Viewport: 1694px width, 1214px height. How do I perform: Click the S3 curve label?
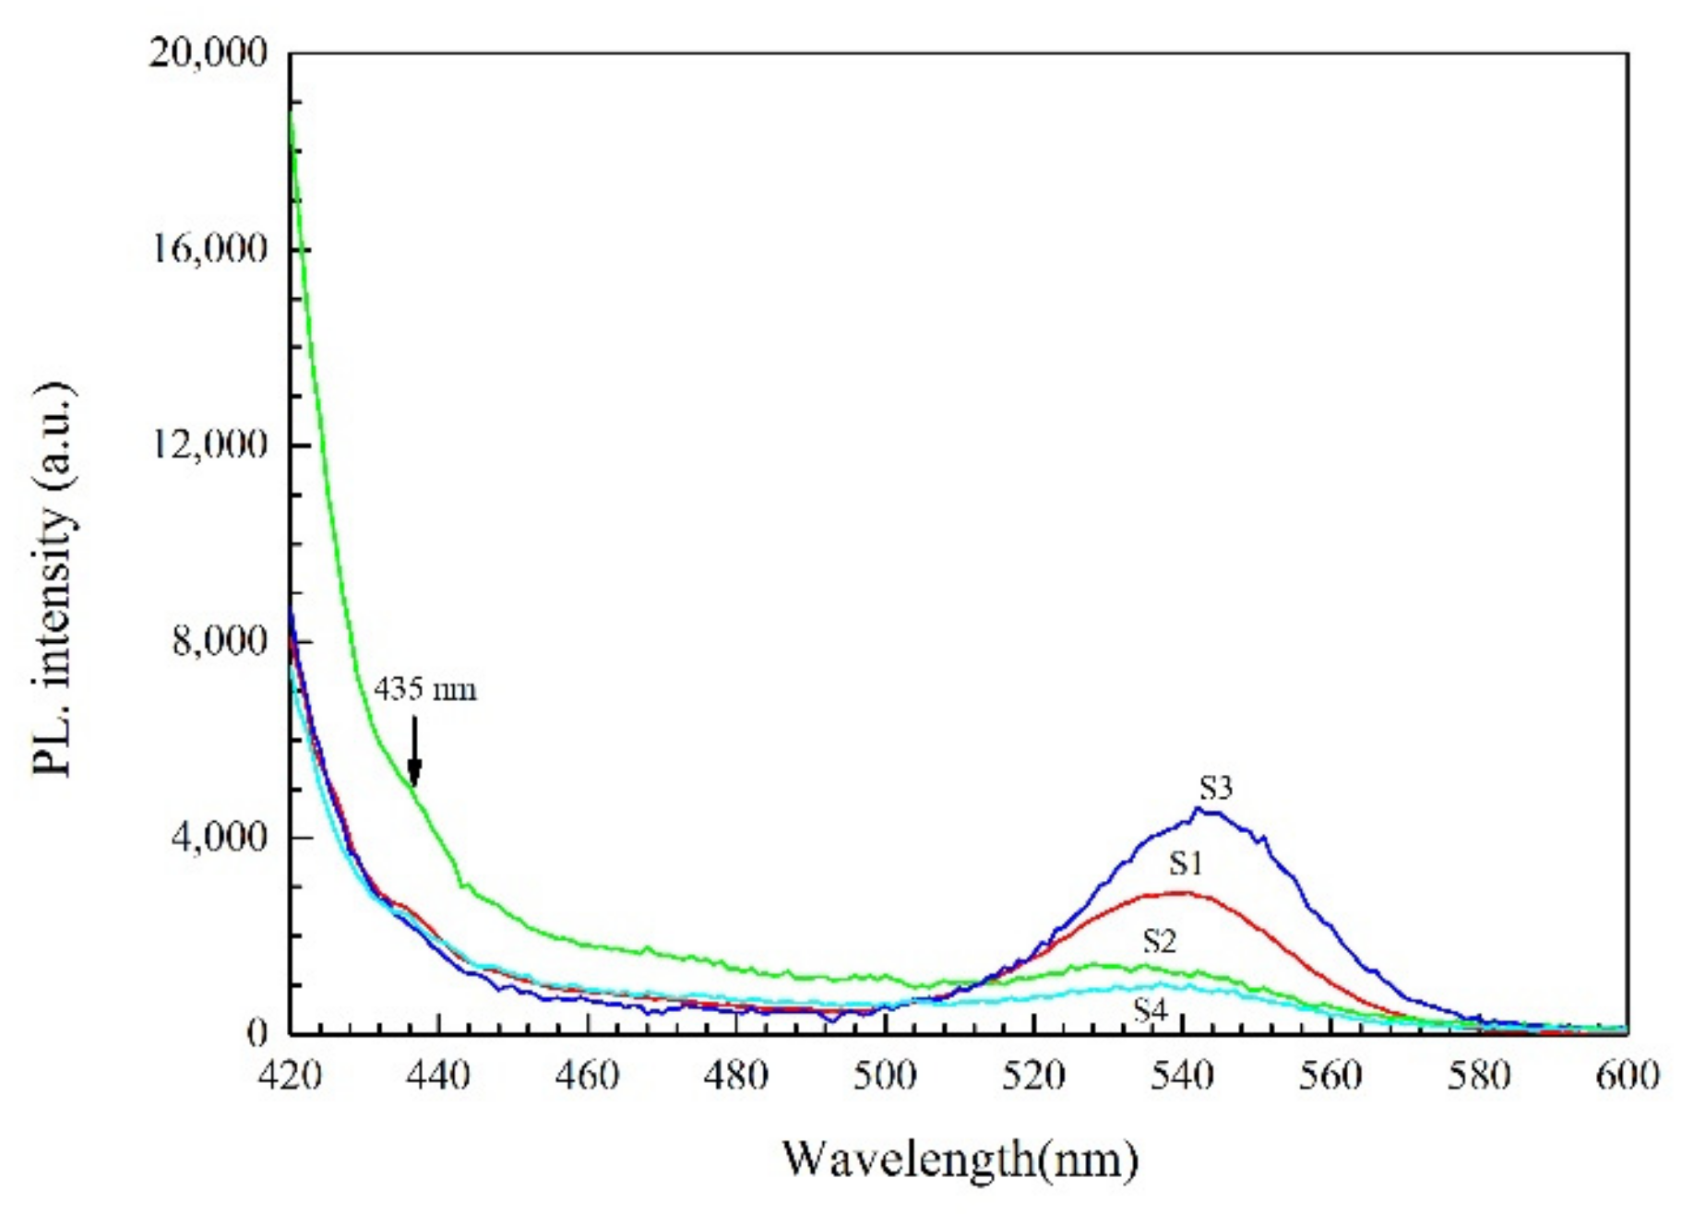pyautogui.click(x=1215, y=789)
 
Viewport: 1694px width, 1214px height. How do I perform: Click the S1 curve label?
pyautogui.click(x=1187, y=864)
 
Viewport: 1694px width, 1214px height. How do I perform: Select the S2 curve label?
pyautogui.click(x=1160, y=942)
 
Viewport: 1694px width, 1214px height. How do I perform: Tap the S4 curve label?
pyautogui.click(x=1151, y=1011)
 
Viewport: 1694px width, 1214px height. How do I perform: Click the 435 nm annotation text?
pyautogui.click(x=425, y=689)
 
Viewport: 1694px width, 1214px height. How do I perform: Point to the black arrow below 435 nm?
pyautogui.click(x=414, y=752)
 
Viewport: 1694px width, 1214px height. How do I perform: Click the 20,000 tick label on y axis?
pyautogui.click(x=208, y=54)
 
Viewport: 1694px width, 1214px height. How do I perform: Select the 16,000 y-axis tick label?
pyautogui.click(x=208, y=249)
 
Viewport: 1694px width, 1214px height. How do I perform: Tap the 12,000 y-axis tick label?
pyautogui.click(x=208, y=446)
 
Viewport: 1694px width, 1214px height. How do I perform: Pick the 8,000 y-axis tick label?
pyautogui.click(x=220, y=641)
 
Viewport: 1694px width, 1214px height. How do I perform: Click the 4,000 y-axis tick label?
pyautogui.click(x=220, y=838)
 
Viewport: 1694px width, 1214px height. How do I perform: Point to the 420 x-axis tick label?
pyautogui.click(x=291, y=1077)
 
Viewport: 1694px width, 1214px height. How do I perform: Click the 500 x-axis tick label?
pyautogui.click(x=885, y=1077)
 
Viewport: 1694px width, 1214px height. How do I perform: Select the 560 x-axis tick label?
pyautogui.click(x=1330, y=1077)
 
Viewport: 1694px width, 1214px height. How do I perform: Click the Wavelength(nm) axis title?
pyautogui.click(x=960, y=1160)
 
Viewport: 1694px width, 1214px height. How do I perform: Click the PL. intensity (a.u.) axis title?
pyautogui.click(x=53, y=579)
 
